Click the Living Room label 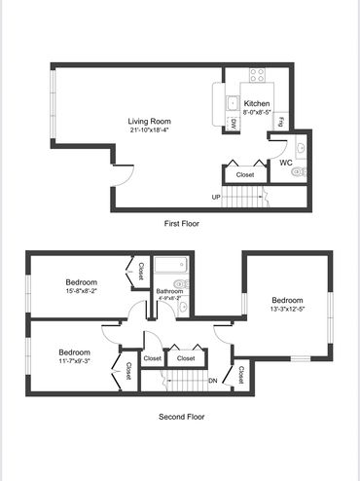point(149,122)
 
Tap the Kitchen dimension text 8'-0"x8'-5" point(257,113)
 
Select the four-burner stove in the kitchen point(257,75)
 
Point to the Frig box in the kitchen point(281,121)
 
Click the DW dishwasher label point(234,124)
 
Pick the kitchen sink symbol point(233,103)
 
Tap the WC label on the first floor point(286,163)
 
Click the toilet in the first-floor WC point(299,172)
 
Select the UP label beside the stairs point(216,197)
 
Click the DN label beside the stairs point(213,381)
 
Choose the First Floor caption point(182,223)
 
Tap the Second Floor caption point(182,417)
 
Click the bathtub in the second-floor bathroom point(171,265)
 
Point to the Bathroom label point(169,291)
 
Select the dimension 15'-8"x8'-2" point(82,291)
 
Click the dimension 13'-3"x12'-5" point(287,309)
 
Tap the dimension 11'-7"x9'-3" point(74,360)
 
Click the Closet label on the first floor point(245,174)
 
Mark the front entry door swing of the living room point(124,175)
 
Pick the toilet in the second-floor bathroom point(182,284)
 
